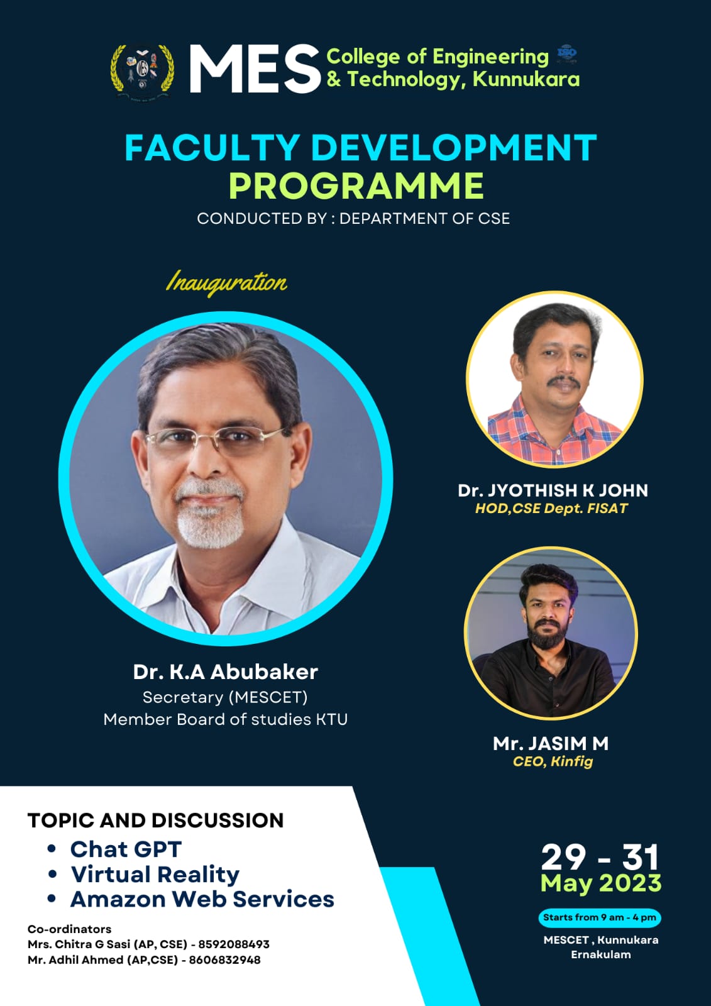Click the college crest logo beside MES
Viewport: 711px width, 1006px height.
[142, 71]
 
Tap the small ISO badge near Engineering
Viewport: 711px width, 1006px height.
[567, 54]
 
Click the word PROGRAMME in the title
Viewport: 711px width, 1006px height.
[356, 185]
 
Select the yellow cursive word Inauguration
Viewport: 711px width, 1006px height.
[226, 283]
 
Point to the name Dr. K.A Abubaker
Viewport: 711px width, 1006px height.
[226, 672]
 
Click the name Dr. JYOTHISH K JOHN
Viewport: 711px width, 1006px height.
[553, 490]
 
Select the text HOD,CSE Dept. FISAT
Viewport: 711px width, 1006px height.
[551, 509]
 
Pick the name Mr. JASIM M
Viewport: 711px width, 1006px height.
[551, 744]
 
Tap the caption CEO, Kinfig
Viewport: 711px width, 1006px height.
[553, 761]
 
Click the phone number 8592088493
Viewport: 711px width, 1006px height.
[234, 944]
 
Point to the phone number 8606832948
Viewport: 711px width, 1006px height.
[224, 959]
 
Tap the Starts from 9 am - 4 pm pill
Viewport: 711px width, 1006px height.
[600, 917]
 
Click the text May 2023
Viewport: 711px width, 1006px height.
[601, 883]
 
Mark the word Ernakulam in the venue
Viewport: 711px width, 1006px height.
[601, 954]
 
